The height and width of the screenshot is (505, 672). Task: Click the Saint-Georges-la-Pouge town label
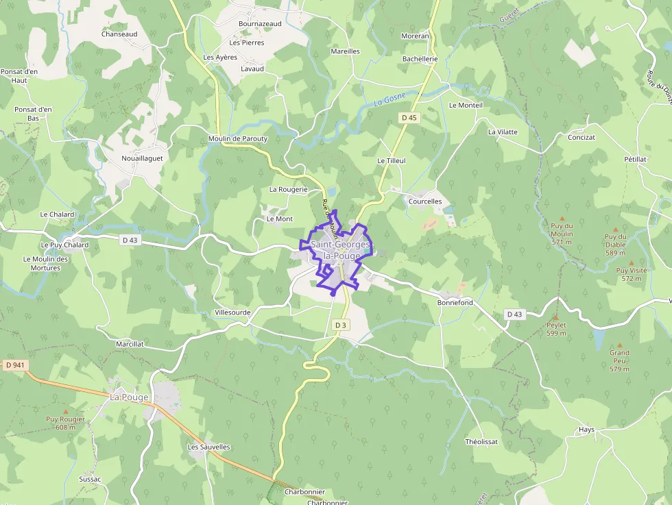(x=340, y=250)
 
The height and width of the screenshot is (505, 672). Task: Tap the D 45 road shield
(x=409, y=118)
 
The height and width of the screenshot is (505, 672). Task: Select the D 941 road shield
(x=14, y=365)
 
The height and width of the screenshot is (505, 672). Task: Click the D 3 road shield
(x=340, y=324)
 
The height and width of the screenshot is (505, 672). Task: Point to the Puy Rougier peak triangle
(x=66, y=410)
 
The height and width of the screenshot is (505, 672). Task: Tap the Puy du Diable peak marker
(x=615, y=230)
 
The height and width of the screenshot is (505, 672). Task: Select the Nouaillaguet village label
(x=143, y=158)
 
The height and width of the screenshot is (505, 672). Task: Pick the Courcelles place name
(x=425, y=201)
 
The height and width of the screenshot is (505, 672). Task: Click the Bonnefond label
(x=455, y=302)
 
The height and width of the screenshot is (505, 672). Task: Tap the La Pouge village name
(x=129, y=397)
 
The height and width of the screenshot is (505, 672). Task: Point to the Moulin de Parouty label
(x=237, y=138)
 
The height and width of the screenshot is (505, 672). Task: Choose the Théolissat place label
(x=481, y=441)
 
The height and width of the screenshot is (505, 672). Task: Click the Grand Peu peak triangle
(x=620, y=345)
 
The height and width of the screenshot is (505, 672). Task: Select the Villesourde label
(x=232, y=312)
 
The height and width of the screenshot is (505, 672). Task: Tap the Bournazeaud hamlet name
(x=260, y=23)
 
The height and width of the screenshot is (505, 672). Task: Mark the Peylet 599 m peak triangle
(x=555, y=318)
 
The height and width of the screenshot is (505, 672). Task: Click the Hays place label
(x=586, y=430)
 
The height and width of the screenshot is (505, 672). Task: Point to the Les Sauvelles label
(x=209, y=447)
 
